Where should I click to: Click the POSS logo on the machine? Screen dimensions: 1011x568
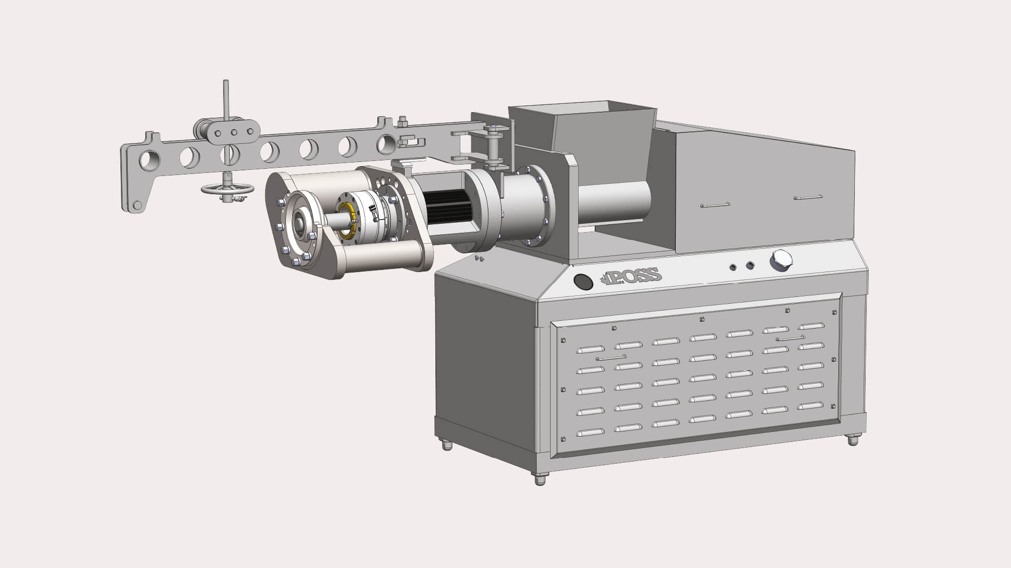[x=630, y=276]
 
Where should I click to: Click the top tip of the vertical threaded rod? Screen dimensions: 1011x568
[x=226, y=82]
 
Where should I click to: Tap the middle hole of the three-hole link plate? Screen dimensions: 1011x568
[x=234, y=132]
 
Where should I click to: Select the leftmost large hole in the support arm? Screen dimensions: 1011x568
[x=149, y=160]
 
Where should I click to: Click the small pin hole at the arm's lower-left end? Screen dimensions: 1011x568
[x=136, y=204]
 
